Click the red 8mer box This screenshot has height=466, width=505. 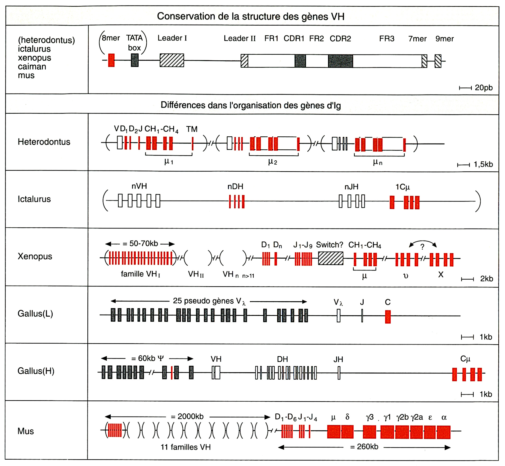coord(111,60)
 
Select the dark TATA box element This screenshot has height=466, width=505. coord(135,60)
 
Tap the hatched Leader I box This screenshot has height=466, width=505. coord(172,60)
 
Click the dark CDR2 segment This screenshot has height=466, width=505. coord(341,61)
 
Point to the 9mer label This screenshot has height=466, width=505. coord(444,39)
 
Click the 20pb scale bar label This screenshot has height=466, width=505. coord(483,88)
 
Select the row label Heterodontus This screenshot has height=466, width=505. coord(44,142)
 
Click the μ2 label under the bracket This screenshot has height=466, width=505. coord(273,162)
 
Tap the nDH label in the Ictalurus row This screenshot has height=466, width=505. coord(235,187)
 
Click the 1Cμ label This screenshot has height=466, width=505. coord(403,187)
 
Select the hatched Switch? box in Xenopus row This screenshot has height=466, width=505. coord(331,259)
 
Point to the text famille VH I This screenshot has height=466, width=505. coord(140,274)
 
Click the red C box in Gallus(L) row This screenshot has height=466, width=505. coord(388,317)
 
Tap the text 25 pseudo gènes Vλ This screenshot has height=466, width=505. coord(209,301)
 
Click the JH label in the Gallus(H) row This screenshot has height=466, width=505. coord(338,359)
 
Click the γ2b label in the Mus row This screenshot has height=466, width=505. coord(402,417)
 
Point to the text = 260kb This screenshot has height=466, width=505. coord(364,447)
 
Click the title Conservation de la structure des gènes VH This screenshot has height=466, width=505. coord(251,17)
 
